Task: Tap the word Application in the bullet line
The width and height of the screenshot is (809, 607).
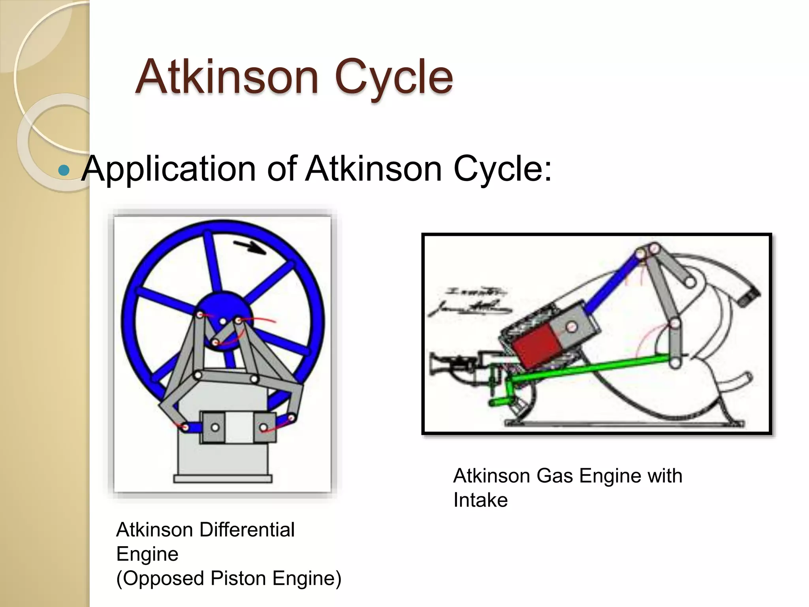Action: coord(168,169)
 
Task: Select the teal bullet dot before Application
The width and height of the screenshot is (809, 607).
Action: coord(63,170)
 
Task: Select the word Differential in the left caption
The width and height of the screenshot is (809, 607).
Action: coord(247,530)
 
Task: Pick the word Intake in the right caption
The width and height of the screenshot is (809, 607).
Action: coord(480,500)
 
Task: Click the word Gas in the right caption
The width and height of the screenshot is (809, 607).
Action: coord(555,476)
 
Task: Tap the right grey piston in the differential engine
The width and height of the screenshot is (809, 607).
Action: coord(264,427)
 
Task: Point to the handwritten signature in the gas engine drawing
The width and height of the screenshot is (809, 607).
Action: coord(470,304)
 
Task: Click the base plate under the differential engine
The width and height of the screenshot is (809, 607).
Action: coord(223,479)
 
